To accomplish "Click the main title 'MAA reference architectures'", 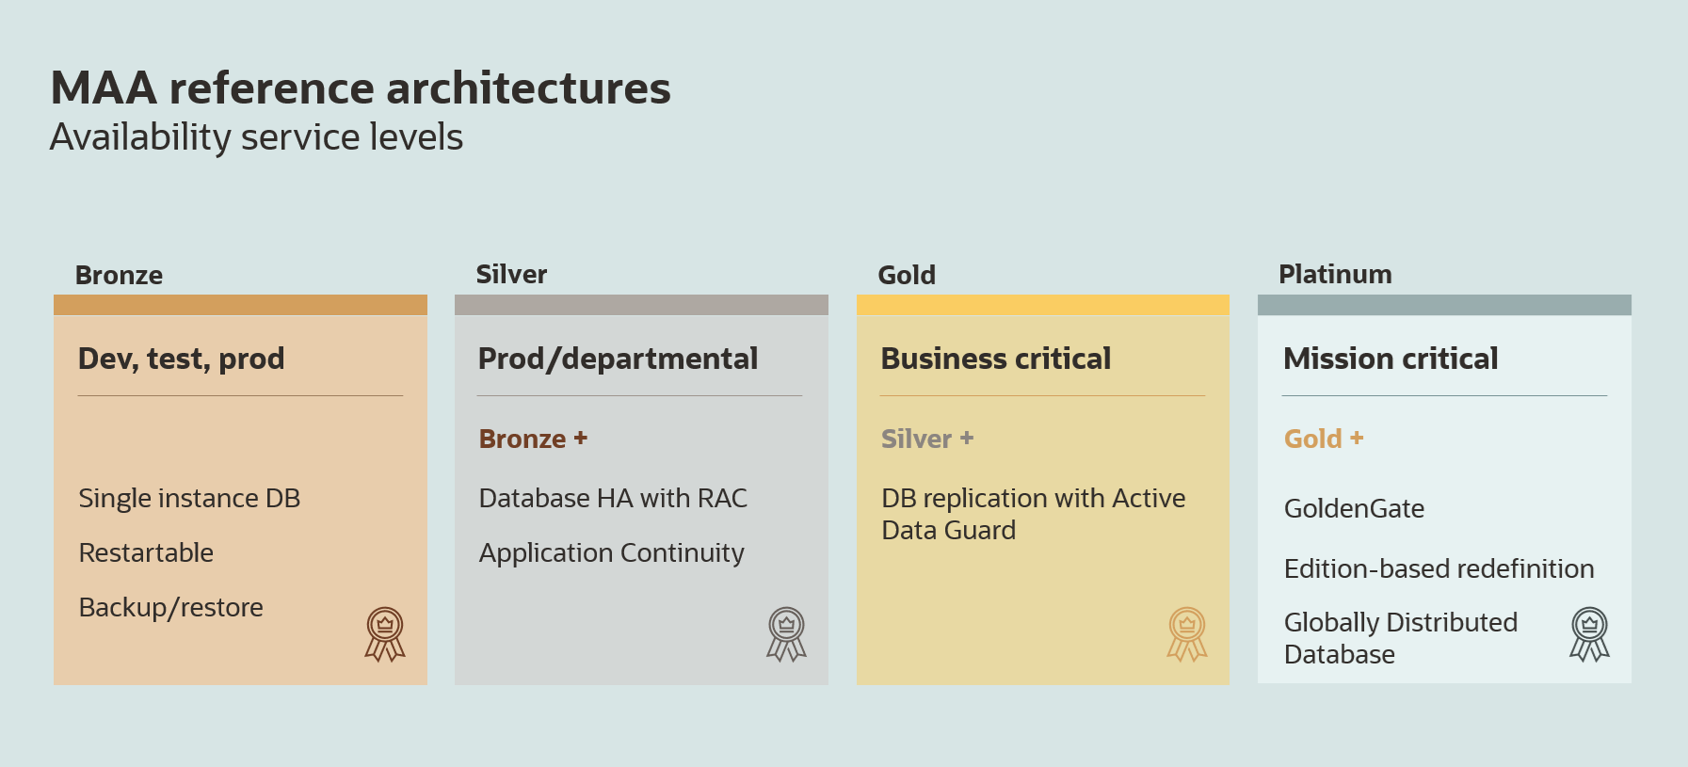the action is click(x=361, y=88).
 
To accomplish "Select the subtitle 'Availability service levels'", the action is click(x=256, y=137).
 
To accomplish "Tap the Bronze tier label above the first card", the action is click(x=119, y=275).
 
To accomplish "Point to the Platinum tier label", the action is click(x=1335, y=274).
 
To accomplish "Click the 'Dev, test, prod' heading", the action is click(x=181, y=359).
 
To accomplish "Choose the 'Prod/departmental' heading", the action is click(x=618, y=359).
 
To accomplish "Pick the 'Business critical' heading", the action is click(x=996, y=359).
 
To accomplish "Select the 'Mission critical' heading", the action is click(x=1391, y=359).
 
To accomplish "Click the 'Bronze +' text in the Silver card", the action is click(x=533, y=439).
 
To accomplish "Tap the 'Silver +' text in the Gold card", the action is click(x=927, y=439).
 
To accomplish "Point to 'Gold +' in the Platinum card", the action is click(x=1324, y=439).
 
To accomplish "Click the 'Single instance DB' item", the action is click(x=189, y=498).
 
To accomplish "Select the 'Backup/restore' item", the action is click(x=171, y=608).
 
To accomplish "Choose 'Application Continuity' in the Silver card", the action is click(x=612, y=553).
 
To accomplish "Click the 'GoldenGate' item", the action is click(x=1354, y=508).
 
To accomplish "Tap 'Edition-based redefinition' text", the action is click(x=1439, y=568).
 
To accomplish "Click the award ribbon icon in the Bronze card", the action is click(x=385, y=634).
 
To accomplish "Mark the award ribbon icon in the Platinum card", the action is click(x=1590, y=634).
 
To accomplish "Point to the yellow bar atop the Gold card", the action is click(x=1043, y=305).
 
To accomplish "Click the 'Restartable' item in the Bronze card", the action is click(x=146, y=552).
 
